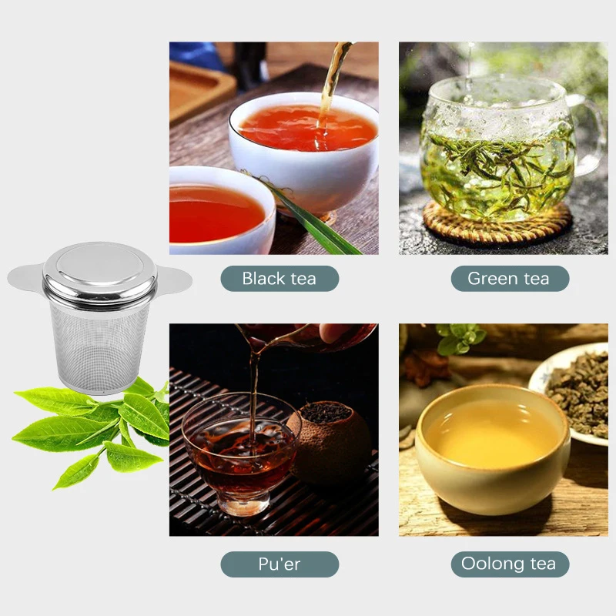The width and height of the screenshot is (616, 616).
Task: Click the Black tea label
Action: click(280, 279)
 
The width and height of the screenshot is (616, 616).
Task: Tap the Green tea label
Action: click(509, 279)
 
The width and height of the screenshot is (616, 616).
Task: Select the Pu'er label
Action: click(280, 564)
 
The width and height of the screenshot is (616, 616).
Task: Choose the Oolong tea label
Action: click(509, 564)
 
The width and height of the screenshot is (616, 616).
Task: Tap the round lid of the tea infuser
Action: click(99, 266)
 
